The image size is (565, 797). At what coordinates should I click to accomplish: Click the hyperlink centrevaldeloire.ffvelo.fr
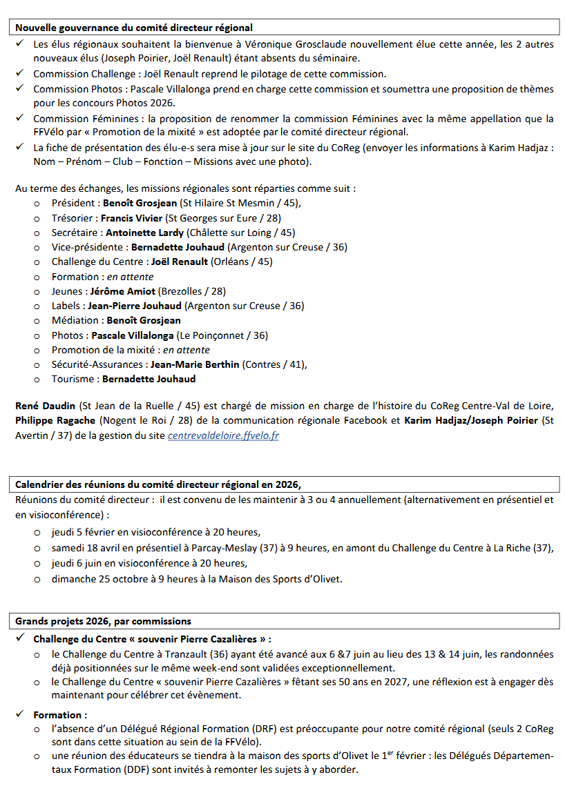pos(223,436)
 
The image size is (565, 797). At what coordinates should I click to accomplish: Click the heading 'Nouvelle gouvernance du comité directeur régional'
pos(134,28)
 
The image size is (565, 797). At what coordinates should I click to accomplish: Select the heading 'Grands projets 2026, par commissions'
pos(104,621)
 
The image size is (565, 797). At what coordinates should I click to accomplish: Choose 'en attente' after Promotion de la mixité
pos(187,350)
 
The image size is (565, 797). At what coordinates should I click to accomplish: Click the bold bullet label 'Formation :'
pos(60,715)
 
